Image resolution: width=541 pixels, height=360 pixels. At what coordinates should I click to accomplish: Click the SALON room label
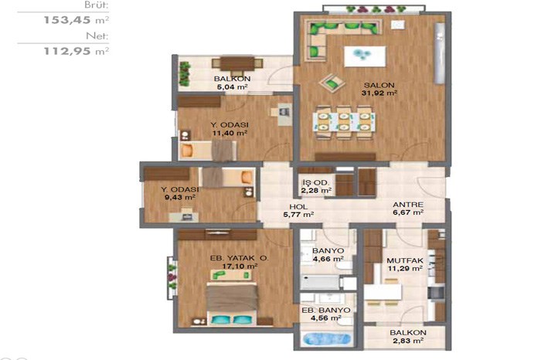pos(379,85)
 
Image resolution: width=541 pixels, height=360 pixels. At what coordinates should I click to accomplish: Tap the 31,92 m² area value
pos(379,93)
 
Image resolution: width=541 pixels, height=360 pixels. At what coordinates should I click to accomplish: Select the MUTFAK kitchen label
pos(405,260)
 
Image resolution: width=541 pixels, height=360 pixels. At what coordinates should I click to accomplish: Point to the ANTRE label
pos(408,205)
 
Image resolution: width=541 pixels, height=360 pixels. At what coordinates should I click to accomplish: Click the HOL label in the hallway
pos(298,207)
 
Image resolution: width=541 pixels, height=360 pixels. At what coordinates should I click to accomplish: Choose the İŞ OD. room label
pos(315,183)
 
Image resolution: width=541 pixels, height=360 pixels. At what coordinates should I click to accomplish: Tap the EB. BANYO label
pos(326,311)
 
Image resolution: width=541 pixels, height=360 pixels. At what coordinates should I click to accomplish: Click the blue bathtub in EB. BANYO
pos(327,339)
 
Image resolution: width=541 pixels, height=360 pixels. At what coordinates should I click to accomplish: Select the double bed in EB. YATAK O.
pos(233,304)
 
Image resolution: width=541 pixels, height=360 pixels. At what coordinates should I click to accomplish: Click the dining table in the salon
pos(344,122)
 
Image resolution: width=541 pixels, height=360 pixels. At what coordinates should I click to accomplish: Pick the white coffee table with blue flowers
pos(365,56)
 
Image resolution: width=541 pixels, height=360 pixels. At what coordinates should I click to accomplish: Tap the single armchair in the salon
pos(332,83)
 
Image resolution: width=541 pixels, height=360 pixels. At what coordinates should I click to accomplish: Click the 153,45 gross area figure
pos(67,20)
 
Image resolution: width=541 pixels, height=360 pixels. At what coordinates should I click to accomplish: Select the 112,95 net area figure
pos(67,52)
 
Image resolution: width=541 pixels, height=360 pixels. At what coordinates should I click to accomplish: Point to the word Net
pos(97,36)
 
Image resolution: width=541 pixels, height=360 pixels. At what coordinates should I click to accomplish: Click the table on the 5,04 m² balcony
pos(237,64)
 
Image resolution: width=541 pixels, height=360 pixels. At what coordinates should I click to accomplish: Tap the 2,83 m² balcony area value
pos(408,341)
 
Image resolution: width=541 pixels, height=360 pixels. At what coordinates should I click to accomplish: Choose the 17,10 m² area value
pos(240,267)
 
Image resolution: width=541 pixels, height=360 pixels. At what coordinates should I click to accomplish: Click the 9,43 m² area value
pos(180,198)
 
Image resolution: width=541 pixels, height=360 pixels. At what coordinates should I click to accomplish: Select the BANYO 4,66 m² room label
pos(328,255)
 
